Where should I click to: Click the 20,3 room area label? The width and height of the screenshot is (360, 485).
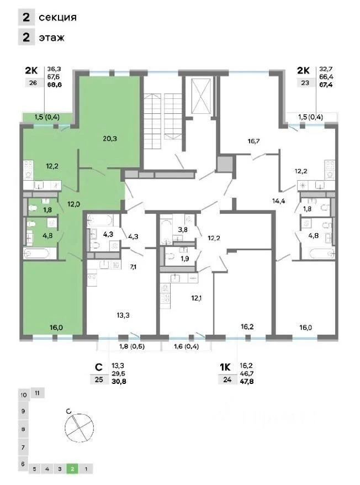pos(110,139)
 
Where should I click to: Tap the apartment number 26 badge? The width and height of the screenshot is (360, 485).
pos(33,83)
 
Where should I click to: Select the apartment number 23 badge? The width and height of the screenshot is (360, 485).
pos(305,83)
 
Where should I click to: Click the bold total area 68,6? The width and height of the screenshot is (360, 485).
pos(55,85)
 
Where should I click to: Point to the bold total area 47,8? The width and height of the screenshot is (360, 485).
pos(247,381)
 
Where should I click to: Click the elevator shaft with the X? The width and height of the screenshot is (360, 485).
pos(201,96)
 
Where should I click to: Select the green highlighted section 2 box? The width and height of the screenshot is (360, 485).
pos(72,469)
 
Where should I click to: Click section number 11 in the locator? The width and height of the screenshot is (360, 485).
pos(38,393)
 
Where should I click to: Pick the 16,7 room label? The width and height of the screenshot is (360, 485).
pos(253,141)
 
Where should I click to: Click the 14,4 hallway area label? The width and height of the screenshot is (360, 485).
pos(278,201)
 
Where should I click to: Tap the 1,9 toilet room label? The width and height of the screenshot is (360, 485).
pos(184,259)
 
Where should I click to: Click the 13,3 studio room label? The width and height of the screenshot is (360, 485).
pos(123,315)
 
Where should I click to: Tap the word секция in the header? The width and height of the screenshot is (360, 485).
pos(57,17)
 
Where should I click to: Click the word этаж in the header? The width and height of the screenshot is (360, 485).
pos(52,38)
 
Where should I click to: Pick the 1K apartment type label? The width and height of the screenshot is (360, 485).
pos(225,367)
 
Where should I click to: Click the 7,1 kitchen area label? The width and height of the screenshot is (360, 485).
pos(133,267)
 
